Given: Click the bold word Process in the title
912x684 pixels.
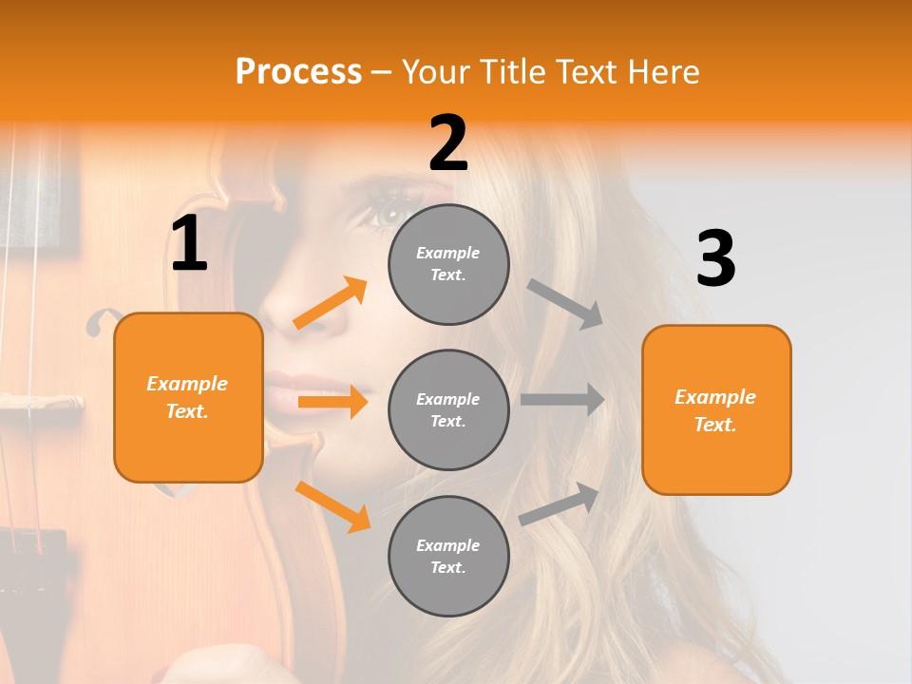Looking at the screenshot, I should [x=298, y=71].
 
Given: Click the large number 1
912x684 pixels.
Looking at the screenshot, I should [x=189, y=244].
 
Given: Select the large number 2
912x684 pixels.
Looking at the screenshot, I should [x=448, y=143].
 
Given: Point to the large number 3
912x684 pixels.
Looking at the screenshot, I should [x=716, y=259].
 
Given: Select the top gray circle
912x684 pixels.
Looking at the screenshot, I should [x=448, y=264].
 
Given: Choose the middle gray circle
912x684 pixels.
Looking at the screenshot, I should [x=448, y=409].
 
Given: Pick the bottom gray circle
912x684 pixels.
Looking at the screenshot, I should [x=448, y=556].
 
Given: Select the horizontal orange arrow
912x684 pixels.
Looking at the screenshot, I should [x=332, y=402].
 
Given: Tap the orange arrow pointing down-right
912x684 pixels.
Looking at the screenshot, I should [x=332, y=505].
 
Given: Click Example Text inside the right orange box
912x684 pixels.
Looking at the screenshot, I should [x=715, y=410].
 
